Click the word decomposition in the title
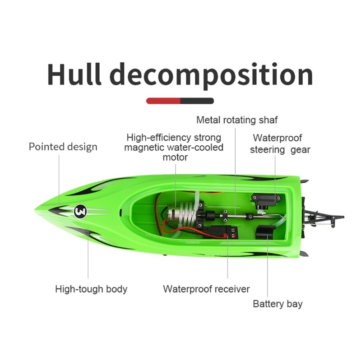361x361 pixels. pyautogui.click(x=212, y=76)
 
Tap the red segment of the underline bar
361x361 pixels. pyautogui.click(x=163, y=101)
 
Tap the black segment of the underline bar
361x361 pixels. pyautogui.click(x=197, y=101)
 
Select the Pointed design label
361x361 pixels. pyautogui.click(x=63, y=147)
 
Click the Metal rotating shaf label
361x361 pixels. pyautogui.click(x=237, y=120)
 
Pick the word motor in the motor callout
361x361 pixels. pyautogui.click(x=175, y=157)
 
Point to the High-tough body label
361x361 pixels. pyautogui.click(x=91, y=289)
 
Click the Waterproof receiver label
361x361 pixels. pyautogui.click(x=206, y=289)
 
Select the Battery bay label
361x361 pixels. pyautogui.click(x=278, y=304)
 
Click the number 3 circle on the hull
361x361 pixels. pyautogui.click(x=80, y=211)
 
